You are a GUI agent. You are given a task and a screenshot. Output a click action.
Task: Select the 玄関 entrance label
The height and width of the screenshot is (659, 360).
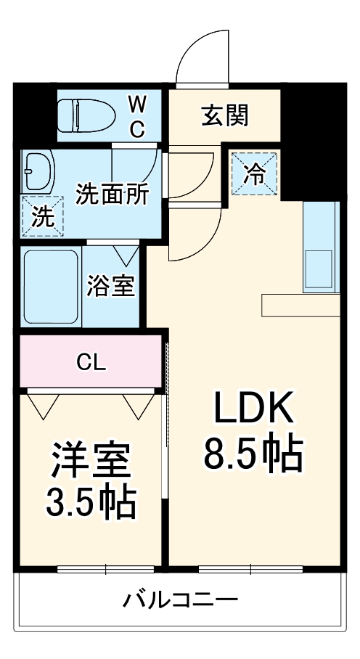pyautogui.click(x=224, y=115)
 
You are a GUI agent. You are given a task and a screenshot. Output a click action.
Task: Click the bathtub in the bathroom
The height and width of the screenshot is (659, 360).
pyautogui.click(x=52, y=287)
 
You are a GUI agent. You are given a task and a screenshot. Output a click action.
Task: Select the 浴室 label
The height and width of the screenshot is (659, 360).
pyautogui.click(x=110, y=286)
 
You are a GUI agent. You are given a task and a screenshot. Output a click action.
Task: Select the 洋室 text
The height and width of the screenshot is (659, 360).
pyautogui.click(x=90, y=460)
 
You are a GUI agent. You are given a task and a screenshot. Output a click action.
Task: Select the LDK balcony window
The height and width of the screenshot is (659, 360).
pyautogui.click(x=249, y=568)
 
